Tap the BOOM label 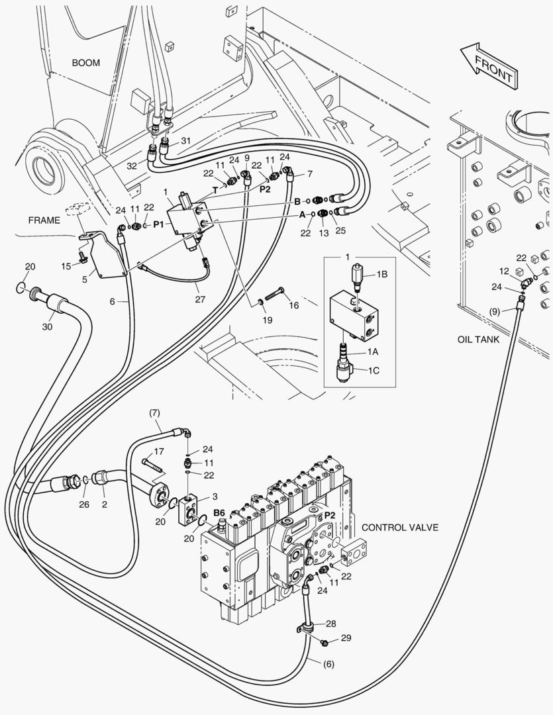[x=86, y=63]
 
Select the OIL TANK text [x=478, y=339]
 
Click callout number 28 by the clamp [x=330, y=623]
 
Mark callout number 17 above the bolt [x=158, y=452]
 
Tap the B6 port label [x=219, y=512]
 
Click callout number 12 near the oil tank [x=504, y=271]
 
